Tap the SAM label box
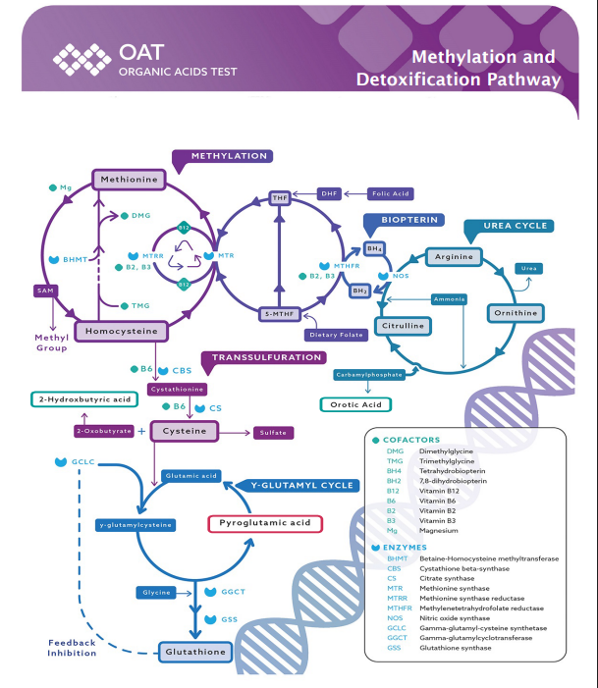click(x=44, y=291)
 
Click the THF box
click(x=280, y=198)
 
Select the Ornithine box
click(x=515, y=313)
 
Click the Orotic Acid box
click(x=354, y=403)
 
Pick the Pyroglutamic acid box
click(x=264, y=523)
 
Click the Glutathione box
click(x=195, y=652)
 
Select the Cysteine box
click(x=184, y=431)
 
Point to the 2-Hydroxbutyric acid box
click(x=82, y=399)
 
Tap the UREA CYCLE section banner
click(x=512, y=227)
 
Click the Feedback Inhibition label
click(x=72, y=648)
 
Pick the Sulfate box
click(x=273, y=432)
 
